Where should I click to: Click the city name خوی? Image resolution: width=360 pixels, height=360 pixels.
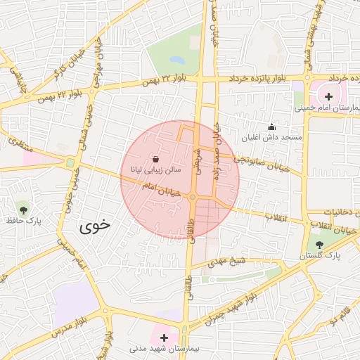pyautogui.click(x=95, y=226)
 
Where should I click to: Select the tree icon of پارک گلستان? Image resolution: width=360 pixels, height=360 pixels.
pyautogui.click(x=320, y=245)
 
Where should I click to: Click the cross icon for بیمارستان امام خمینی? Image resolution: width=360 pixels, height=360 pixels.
pyautogui.click(x=328, y=96)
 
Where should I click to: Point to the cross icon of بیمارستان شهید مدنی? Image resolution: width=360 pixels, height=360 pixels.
pyautogui.click(x=165, y=337)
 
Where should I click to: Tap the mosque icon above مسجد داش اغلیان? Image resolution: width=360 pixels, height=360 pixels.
pyautogui.click(x=272, y=127)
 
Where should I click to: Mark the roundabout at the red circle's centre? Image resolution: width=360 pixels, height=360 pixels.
pyautogui.click(x=192, y=198)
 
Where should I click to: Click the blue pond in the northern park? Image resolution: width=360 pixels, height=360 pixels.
pyautogui.click(x=176, y=59)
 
